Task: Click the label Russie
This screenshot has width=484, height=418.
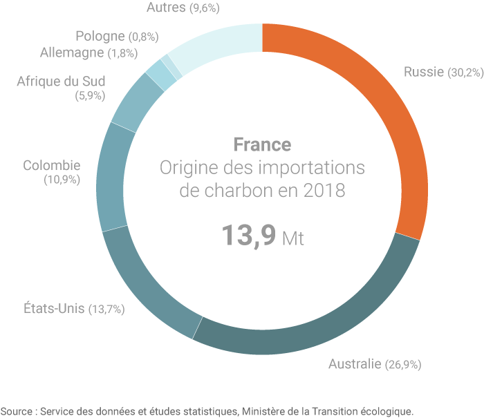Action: click(423, 72)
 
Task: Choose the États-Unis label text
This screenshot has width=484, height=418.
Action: click(53, 308)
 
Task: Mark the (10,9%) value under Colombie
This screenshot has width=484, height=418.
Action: click(62, 180)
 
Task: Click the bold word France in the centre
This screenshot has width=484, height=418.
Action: click(262, 144)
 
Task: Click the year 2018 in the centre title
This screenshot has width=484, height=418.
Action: click(324, 190)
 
